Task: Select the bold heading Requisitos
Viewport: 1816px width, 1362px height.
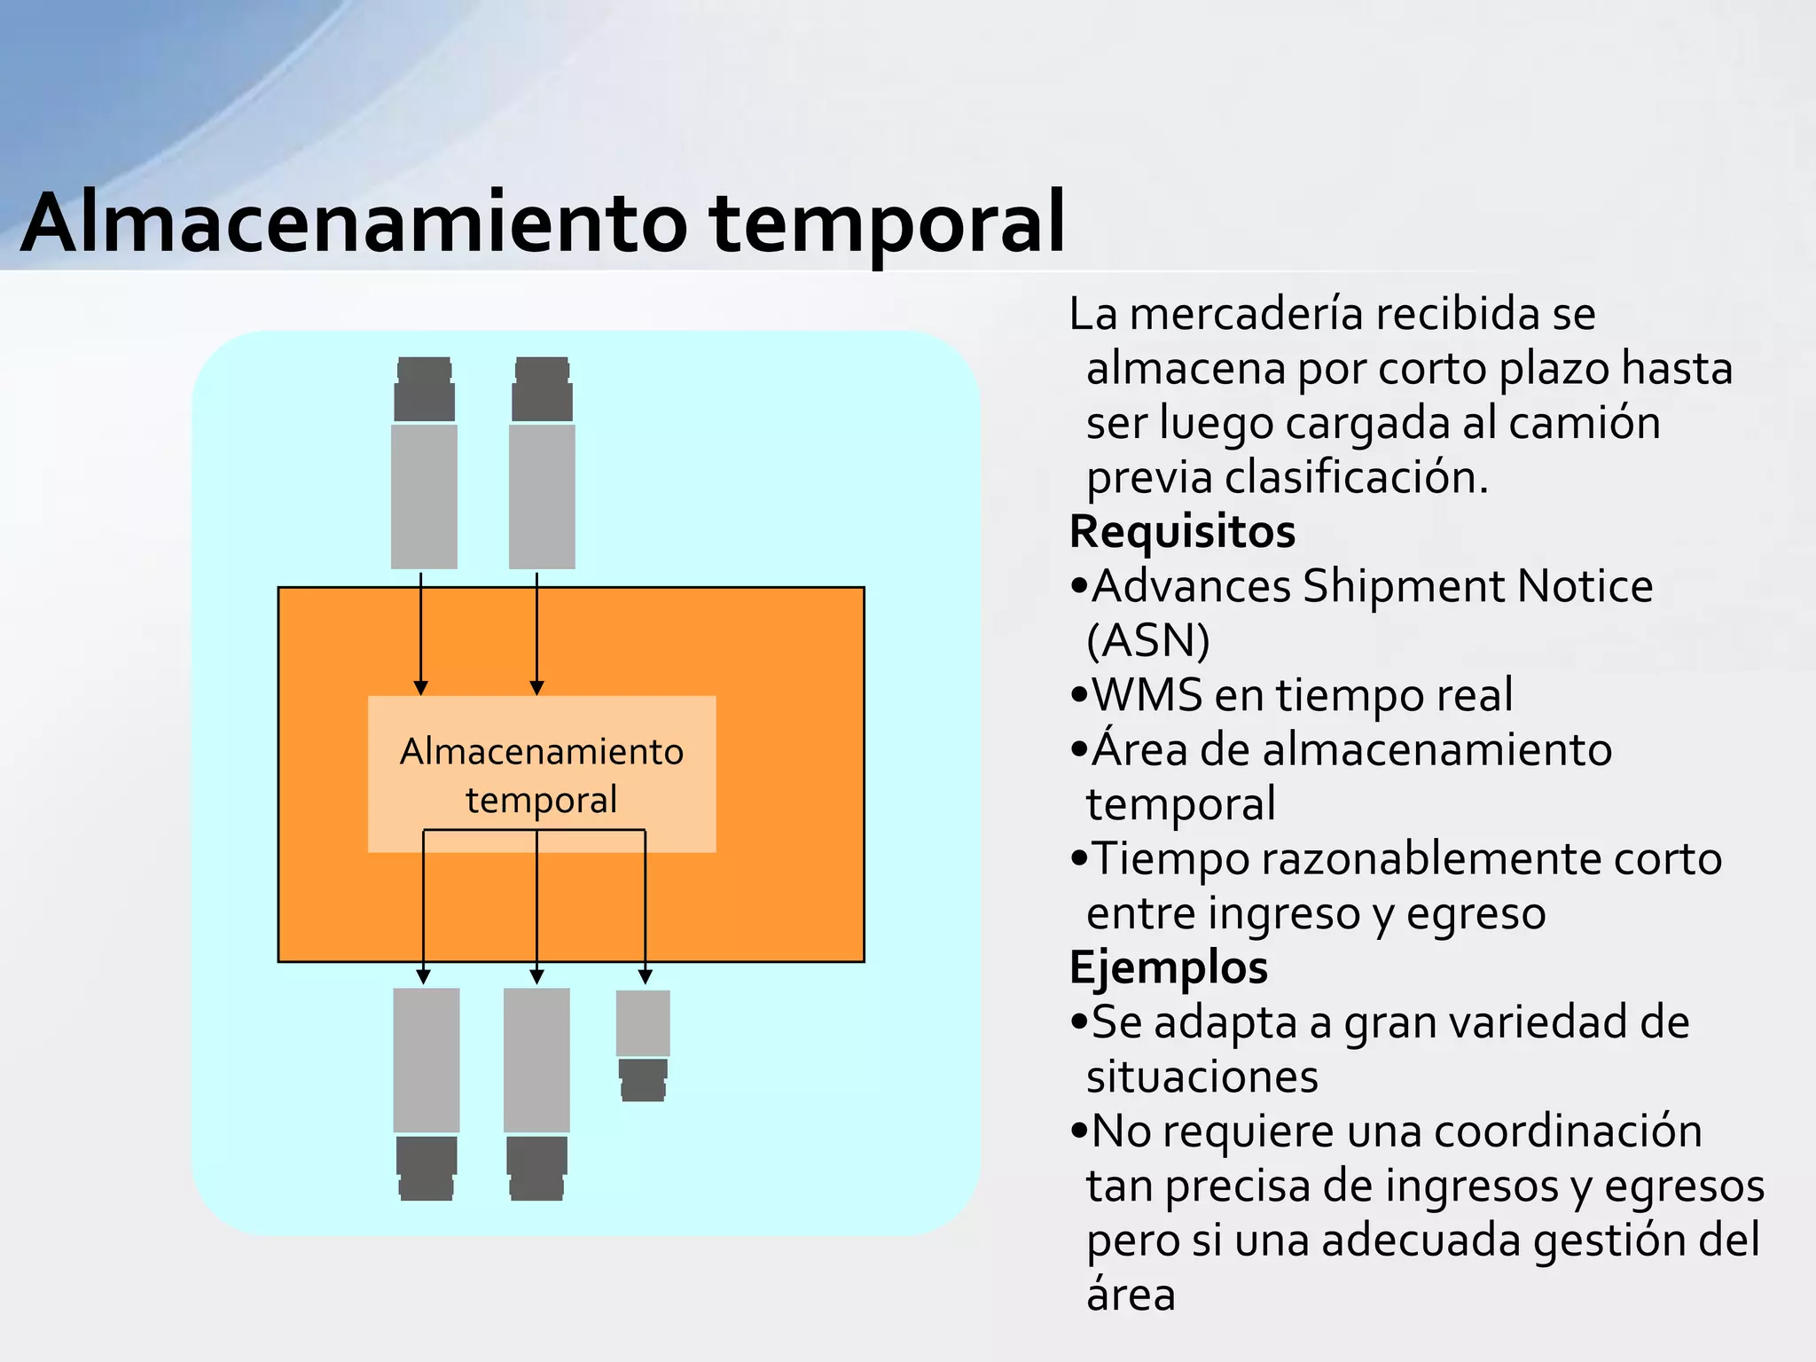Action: click(x=1182, y=532)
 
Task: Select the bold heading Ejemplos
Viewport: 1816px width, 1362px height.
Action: click(x=1169, y=967)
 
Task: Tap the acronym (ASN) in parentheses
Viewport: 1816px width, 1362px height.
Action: click(x=1148, y=641)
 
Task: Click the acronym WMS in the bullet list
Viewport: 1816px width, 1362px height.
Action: click(x=1144, y=695)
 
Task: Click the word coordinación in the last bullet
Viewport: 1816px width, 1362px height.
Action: click(x=1568, y=1132)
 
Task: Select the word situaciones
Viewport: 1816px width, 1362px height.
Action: click(x=1202, y=1077)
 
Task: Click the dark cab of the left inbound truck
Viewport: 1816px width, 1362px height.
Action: click(x=424, y=390)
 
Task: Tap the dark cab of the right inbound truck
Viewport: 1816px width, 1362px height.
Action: click(x=542, y=390)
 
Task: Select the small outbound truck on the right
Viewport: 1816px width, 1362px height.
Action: click(x=643, y=1045)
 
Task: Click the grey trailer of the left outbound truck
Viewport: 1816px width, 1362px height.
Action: click(x=427, y=1060)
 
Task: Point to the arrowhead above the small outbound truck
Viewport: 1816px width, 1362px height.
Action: click(x=646, y=976)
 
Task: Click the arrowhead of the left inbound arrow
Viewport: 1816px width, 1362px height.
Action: click(x=421, y=688)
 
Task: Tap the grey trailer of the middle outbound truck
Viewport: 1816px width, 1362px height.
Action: click(x=536, y=1060)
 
